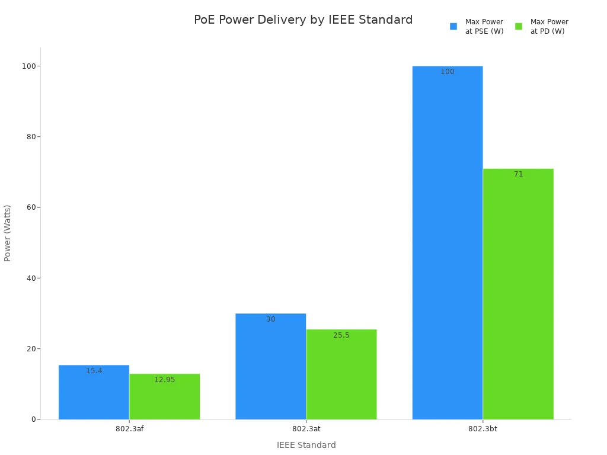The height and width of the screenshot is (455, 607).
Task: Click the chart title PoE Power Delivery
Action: pyautogui.click(x=303, y=20)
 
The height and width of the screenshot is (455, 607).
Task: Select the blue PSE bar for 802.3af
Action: pyautogui.click(x=94, y=394)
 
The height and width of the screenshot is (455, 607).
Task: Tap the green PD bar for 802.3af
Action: pyautogui.click(x=164, y=398)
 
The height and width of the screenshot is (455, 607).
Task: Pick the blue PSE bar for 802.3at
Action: pyautogui.click(x=270, y=367)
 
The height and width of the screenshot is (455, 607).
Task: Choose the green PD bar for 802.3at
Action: pyautogui.click(x=341, y=376)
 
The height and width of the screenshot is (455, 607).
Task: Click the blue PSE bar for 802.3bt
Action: pyautogui.click(x=447, y=243)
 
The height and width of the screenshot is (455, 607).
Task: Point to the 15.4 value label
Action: pyautogui.click(x=94, y=371)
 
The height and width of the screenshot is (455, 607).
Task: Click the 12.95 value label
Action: pyautogui.click(x=164, y=380)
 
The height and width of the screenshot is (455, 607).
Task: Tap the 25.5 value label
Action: pyautogui.click(x=341, y=335)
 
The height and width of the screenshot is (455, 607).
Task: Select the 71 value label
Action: pyautogui.click(x=518, y=174)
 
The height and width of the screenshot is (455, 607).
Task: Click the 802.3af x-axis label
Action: pyautogui.click(x=129, y=428)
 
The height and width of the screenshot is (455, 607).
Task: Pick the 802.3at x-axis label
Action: pyautogui.click(x=306, y=428)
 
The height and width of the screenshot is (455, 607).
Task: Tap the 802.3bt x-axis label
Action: pyautogui.click(x=483, y=428)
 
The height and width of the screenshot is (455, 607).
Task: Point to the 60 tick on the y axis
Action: pyautogui.click(x=29, y=207)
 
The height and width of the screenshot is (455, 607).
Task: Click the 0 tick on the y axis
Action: pyautogui.click(x=33, y=419)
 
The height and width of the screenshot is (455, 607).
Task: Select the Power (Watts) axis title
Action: pyautogui.click(x=8, y=233)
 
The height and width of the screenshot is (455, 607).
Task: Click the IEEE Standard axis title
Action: pyautogui.click(x=306, y=445)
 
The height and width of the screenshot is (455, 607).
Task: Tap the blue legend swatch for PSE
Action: pyautogui.click(x=453, y=26)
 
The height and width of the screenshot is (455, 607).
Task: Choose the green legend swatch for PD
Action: pyautogui.click(x=519, y=26)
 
